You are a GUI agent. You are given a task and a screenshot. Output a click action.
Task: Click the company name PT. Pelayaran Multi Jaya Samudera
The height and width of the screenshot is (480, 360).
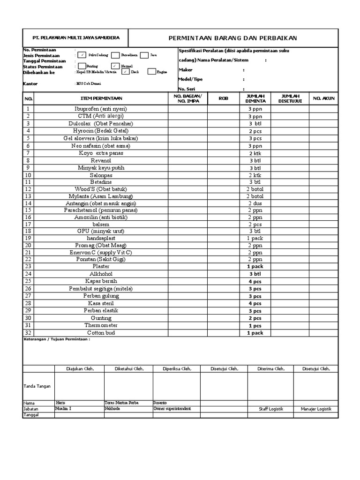(x=75, y=37)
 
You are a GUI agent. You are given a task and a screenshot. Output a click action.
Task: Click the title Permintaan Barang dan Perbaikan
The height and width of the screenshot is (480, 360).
(x=232, y=38)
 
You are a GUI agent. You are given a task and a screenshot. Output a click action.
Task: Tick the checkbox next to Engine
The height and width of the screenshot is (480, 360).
(x=151, y=72)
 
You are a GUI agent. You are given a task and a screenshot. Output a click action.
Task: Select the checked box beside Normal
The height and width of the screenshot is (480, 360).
(x=115, y=66)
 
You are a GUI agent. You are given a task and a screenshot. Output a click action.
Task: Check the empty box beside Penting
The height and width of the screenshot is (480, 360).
(x=82, y=66)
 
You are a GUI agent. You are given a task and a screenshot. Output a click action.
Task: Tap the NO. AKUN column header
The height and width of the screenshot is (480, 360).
(x=323, y=98)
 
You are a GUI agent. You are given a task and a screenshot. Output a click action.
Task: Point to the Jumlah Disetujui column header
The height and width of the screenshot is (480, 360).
(x=290, y=98)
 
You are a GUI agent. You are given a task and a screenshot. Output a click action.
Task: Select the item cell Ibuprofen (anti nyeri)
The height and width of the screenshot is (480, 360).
(x=101, y=109)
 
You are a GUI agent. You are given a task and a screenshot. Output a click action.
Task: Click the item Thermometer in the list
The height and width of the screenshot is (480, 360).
(x=101, y=325)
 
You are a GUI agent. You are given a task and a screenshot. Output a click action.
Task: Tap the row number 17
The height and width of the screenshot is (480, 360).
(x=28, y=224)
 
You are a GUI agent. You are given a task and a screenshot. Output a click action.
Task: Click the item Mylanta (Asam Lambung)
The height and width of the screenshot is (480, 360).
(x=101, y=196)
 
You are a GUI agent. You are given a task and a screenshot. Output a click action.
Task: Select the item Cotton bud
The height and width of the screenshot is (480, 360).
(x=101, y=333)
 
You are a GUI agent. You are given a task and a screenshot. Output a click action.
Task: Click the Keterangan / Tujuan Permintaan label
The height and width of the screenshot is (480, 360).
(x=57, y=340)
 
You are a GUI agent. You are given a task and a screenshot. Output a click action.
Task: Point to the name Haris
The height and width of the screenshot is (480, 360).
(x=60, y=403)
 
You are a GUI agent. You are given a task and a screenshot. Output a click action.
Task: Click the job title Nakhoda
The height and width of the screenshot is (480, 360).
(x=112, y=409)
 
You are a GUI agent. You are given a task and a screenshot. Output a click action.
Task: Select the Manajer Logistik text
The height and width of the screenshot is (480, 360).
(x=316, y=409)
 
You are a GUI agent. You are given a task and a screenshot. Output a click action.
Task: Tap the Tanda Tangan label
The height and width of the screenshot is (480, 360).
(x=37, y=386)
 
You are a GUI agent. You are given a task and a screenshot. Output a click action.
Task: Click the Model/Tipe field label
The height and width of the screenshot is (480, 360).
(x=190, y=79)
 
